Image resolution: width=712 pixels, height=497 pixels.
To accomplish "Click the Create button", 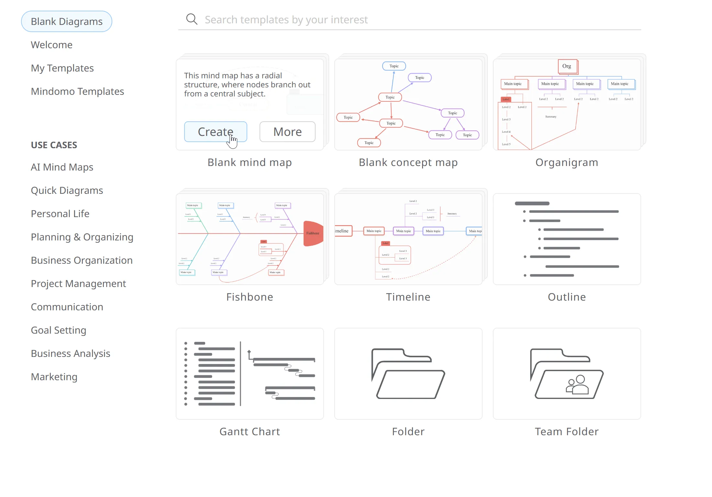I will tap(215, 132).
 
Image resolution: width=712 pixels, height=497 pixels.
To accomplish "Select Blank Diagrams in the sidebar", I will tap(67, 21).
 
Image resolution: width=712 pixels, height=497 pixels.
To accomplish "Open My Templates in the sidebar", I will tap(62, 68).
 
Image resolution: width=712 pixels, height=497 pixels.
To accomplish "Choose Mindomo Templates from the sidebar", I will tap(77, 91).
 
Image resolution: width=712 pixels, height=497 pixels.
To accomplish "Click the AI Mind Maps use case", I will tap(62, 167).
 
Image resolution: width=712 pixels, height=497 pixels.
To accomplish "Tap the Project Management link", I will tap(78, 283).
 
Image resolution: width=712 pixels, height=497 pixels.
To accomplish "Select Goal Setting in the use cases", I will tap(58, 330).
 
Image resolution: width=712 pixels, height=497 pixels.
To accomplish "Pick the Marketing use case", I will tap(54, 377).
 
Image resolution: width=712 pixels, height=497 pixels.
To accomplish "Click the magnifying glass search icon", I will tap(192, 19).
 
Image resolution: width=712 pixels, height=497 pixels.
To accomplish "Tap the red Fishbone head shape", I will tap(313, 233).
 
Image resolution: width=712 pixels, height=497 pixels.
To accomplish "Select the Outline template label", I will tap(567, 297).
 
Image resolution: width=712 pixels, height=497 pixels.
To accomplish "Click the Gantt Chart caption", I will tap(250, 431).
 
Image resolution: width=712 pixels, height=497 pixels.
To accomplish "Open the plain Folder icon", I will tap(408, 374).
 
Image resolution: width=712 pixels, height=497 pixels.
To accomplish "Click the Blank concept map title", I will tap(408, 162).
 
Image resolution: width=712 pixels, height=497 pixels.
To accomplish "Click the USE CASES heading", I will tap(54, 145).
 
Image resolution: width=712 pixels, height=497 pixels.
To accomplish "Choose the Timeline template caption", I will tap(408, 297).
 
